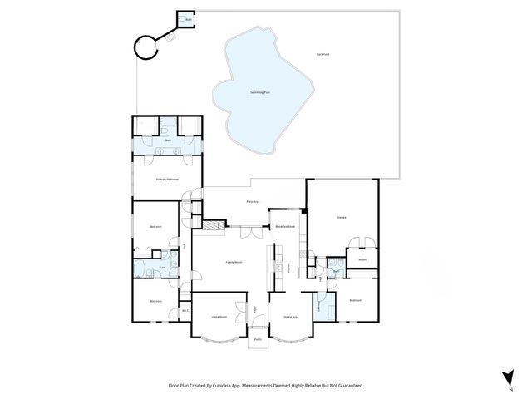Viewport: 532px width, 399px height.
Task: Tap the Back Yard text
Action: coord(323,54)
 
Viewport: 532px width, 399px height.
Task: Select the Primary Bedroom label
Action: coord(167,179)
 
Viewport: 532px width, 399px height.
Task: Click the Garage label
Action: coord(342,218)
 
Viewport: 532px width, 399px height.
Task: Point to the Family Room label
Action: coord(234,262)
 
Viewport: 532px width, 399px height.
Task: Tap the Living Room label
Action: coord(219,317)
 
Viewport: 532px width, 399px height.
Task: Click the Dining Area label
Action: coord(291,317)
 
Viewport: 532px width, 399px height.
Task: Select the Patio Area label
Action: coord(253,202)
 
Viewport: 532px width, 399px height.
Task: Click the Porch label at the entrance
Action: coord(258,339)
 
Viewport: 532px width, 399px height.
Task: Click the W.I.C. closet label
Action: coord(185,312)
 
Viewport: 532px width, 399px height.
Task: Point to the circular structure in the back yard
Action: coord(147,47)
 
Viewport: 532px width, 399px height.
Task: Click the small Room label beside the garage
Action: coord(362,259)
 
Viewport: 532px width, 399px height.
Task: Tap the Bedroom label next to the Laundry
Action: coord(356,300)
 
